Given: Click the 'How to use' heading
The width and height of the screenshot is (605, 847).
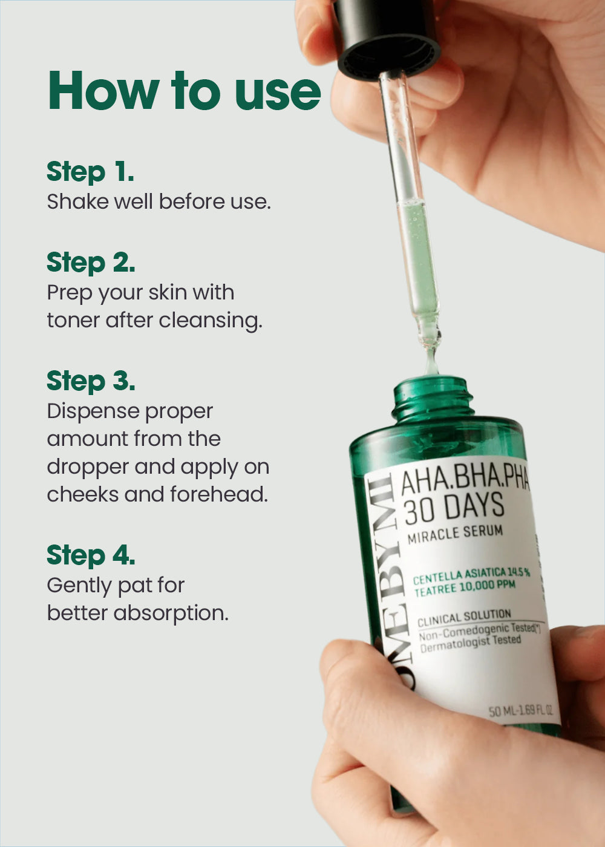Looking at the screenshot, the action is point(185,90).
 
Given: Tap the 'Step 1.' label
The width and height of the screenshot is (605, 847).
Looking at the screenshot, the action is point(90,172).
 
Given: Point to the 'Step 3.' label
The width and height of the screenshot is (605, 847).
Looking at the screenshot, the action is point(91,381).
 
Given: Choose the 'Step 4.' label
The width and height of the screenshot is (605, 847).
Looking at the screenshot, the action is point(91,555).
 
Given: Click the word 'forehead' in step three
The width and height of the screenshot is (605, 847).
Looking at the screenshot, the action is point(219,494).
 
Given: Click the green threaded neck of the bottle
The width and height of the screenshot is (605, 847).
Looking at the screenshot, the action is point(433,398).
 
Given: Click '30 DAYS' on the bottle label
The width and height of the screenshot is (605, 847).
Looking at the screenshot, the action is point(454,508).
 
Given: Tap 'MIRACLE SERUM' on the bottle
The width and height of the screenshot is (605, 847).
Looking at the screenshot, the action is point(455,534).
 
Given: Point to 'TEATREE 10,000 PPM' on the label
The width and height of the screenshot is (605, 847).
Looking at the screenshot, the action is point(465,588).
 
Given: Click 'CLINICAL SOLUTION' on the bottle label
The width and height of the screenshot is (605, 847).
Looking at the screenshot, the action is point(465,618).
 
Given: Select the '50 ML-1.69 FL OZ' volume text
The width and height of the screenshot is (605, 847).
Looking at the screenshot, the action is point(521,710).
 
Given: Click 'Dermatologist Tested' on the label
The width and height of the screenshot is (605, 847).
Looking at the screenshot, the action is point(471,644).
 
